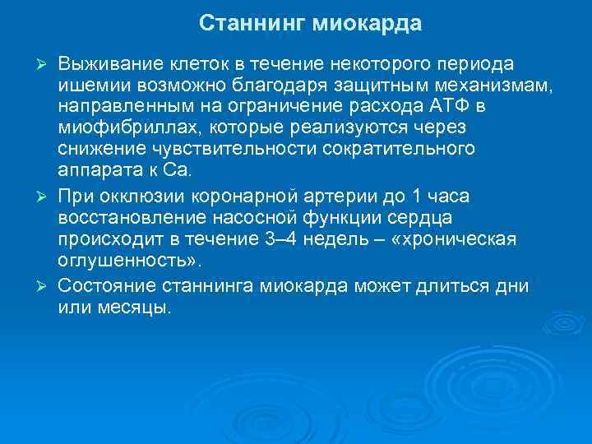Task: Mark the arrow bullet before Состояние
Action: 49,286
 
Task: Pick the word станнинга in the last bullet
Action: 211,285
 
